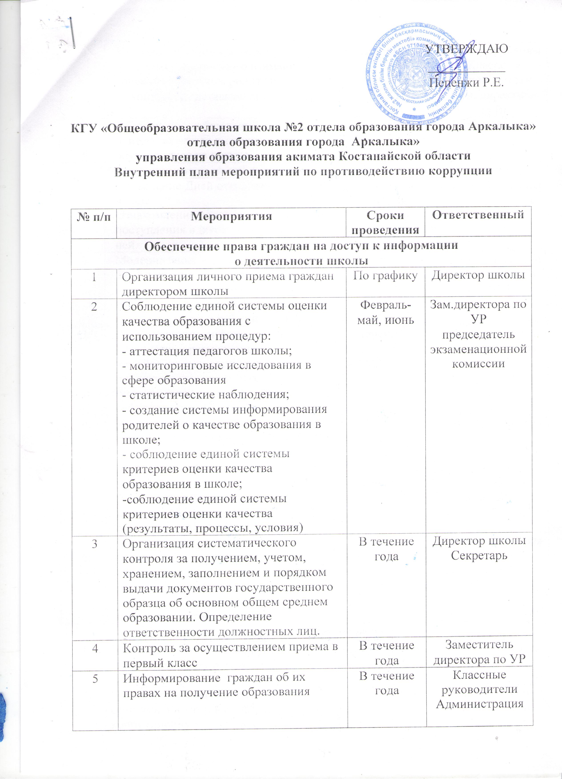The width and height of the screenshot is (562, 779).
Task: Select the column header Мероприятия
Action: pos(231,216)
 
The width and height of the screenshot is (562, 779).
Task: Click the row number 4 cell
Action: pos(94,648)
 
